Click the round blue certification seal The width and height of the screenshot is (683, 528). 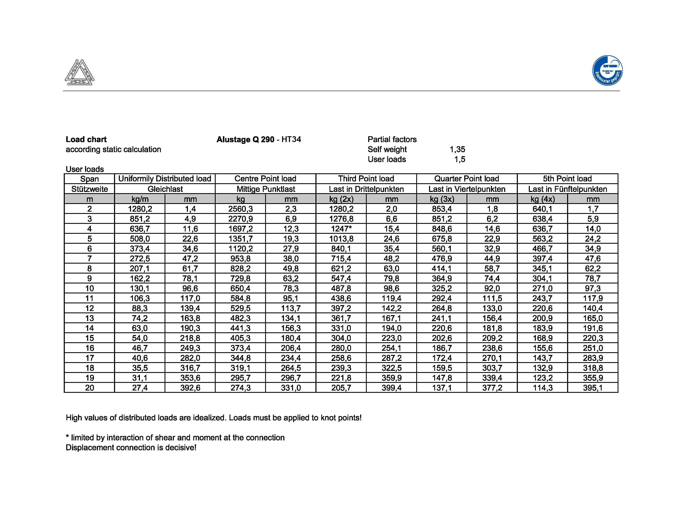point(607,70)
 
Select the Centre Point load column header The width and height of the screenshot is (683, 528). point(265,179)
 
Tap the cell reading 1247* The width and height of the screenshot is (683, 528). point(341,229)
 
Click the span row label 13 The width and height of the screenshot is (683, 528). point(89,318)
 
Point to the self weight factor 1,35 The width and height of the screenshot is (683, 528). point(457,149)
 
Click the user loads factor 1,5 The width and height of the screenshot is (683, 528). point(459,159)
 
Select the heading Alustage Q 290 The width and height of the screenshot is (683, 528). point(245,140)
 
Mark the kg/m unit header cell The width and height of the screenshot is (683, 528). point(140,199)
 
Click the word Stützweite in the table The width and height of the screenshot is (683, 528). point(89,189)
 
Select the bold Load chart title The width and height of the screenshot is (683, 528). point(86,140)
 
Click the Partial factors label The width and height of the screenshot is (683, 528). point(392,140)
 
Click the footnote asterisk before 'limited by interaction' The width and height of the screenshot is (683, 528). point(67,437)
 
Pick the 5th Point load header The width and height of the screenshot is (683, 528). point(567,179)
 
